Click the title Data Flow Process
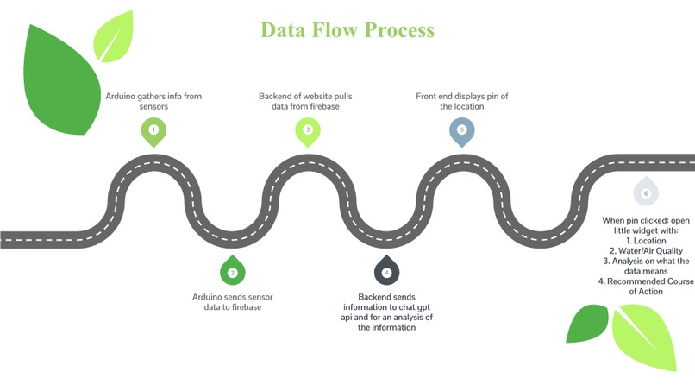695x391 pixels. coord(347,30)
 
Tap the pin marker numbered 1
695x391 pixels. coord(153,132)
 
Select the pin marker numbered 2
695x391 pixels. coord(233,270)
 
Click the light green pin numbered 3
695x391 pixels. coord(308,132)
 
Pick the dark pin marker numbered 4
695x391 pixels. coord(386,270)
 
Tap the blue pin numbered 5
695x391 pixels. coord(462,132)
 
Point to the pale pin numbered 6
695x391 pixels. coord(646,192)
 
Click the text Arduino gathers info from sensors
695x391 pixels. coord(153,101)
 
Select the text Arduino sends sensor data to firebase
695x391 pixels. coord(233,302)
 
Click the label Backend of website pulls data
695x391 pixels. coord(305,101)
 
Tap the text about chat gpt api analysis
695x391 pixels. coord(386,312)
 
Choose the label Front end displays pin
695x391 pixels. coord(462,101)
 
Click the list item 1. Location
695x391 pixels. coord(646,241)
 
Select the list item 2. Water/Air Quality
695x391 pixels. coord(646,251)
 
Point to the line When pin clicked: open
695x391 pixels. coord(646,220)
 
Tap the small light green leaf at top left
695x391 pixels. coord(114,37)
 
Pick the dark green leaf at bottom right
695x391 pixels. coord(588,323)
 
